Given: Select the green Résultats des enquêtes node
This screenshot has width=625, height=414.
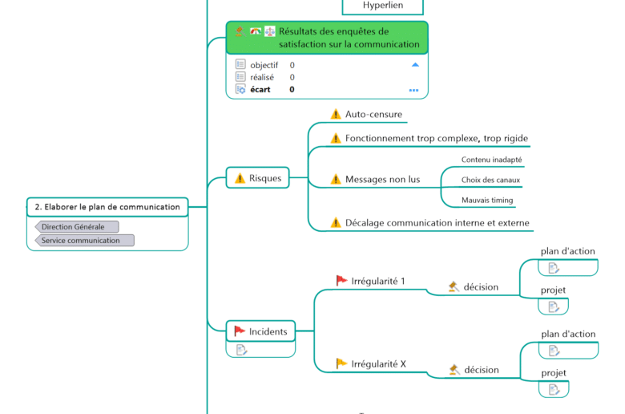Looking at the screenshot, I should coord(327,38).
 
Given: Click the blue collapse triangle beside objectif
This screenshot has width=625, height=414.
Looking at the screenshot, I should coord(414,64).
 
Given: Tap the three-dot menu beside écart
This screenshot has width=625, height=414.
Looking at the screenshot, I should coord(413,90).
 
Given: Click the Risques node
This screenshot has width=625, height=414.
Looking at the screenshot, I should coord(258,178).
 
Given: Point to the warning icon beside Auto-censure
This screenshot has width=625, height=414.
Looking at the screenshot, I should coord(336,115).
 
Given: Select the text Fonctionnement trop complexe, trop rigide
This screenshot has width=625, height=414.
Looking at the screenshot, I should coord(436,138).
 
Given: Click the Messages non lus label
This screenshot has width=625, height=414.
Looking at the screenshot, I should coord(382,179).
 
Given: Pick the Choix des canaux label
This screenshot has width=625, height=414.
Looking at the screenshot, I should coord(490,180).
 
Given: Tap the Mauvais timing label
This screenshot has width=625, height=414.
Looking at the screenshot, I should coord(487,200).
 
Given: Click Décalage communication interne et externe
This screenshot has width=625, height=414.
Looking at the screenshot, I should coord(437,222).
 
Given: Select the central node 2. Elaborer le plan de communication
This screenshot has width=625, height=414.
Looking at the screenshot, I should coord(107,207).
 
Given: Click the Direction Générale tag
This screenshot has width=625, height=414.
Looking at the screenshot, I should coord(73,227).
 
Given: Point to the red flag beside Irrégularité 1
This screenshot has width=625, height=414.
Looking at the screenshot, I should coord(341,280).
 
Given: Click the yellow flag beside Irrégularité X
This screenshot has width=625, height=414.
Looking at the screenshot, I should coord(341,363).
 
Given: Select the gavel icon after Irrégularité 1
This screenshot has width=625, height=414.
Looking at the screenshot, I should coord(454,286).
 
